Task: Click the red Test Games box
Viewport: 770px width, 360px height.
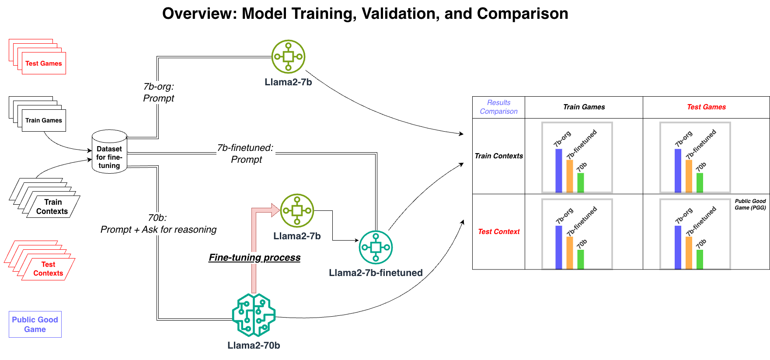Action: tap(44, 63)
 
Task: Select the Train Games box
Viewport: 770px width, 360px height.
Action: tap(44, 120)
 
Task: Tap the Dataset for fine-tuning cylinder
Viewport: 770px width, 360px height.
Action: tap(109, 153)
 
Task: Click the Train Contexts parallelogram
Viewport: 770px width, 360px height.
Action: tap(52, 206)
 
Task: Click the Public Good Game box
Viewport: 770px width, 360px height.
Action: tap(35, 324)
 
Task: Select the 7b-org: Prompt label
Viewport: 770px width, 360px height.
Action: tap(158, 92)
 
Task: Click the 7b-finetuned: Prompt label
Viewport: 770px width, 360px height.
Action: tap(246, 154)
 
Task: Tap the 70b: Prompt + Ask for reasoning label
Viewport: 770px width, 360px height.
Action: tap(158, 224)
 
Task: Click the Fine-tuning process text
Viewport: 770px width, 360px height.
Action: tap(254, 258)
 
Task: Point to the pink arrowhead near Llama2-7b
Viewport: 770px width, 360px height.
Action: tap(275, 210)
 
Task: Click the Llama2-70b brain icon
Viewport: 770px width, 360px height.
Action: tap(254, 315)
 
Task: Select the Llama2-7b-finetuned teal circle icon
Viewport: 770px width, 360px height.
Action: tap(376, 247)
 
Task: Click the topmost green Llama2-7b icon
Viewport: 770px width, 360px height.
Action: tap(288, 56)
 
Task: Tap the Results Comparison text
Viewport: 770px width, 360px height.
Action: tap(498, 107)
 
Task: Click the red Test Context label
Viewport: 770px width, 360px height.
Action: tap(498, 231)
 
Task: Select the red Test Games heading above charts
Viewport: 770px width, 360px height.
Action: tap(706, 107)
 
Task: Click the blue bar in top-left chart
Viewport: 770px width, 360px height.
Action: tap(558, 170)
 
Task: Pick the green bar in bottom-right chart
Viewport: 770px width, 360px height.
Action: tap(700, 259)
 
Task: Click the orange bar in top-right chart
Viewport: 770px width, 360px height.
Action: tap(689, 176)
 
